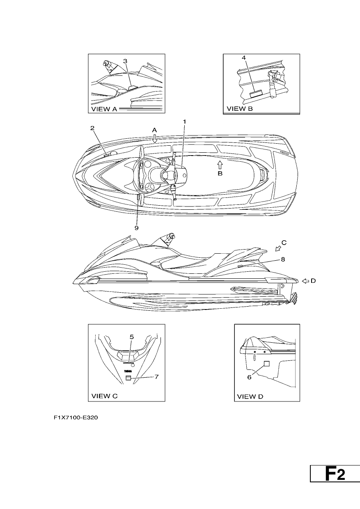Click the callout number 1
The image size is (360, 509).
185,122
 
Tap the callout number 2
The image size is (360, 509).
92,128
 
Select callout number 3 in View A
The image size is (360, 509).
125,61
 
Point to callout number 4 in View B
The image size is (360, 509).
244,58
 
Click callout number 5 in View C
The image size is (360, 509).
132,337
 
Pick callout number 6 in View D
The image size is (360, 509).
249,377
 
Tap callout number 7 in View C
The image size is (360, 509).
156,377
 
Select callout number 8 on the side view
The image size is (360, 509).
283,259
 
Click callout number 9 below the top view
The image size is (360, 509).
137,228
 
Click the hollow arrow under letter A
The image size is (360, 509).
154,138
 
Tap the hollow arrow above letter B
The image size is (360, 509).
220,165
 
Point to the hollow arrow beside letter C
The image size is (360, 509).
278,249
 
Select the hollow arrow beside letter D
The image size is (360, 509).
306,281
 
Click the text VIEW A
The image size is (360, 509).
104,109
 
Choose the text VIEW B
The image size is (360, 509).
240,109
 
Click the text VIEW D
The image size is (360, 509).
250,397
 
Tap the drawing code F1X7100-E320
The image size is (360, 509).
76,417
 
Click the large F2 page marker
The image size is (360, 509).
335,473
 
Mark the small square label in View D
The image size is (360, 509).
266,364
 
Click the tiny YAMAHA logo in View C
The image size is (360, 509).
128,371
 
